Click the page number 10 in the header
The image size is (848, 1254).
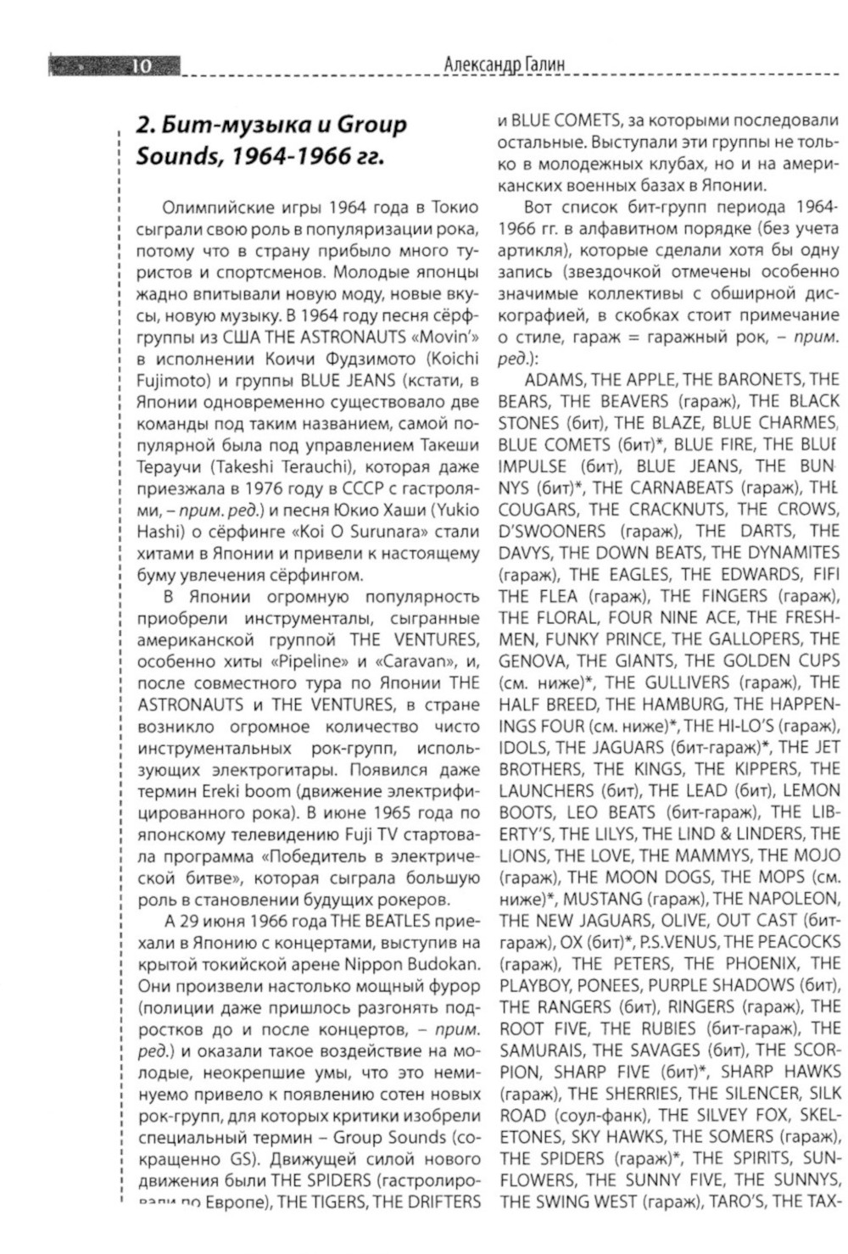tap(141, 65)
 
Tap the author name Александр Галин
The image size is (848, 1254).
tap(504, 64)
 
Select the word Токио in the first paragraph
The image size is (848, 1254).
tap(455, 208)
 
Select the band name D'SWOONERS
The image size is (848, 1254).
tap(552, 532)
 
